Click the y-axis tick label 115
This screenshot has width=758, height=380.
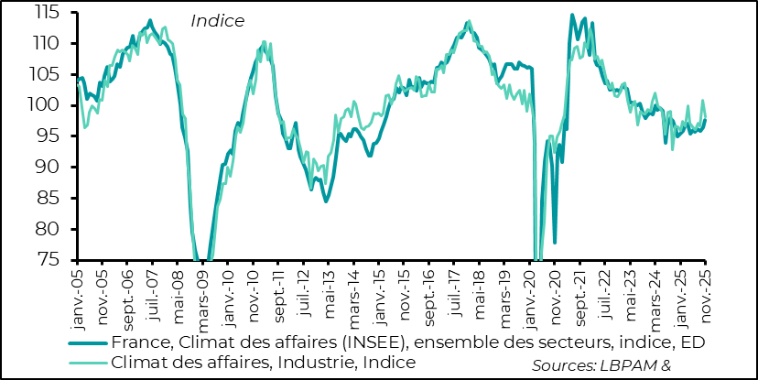point(46,13)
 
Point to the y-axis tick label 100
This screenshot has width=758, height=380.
point(46,105)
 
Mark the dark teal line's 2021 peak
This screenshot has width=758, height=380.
point(572,15)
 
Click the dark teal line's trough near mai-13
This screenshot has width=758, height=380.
point(326,201)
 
